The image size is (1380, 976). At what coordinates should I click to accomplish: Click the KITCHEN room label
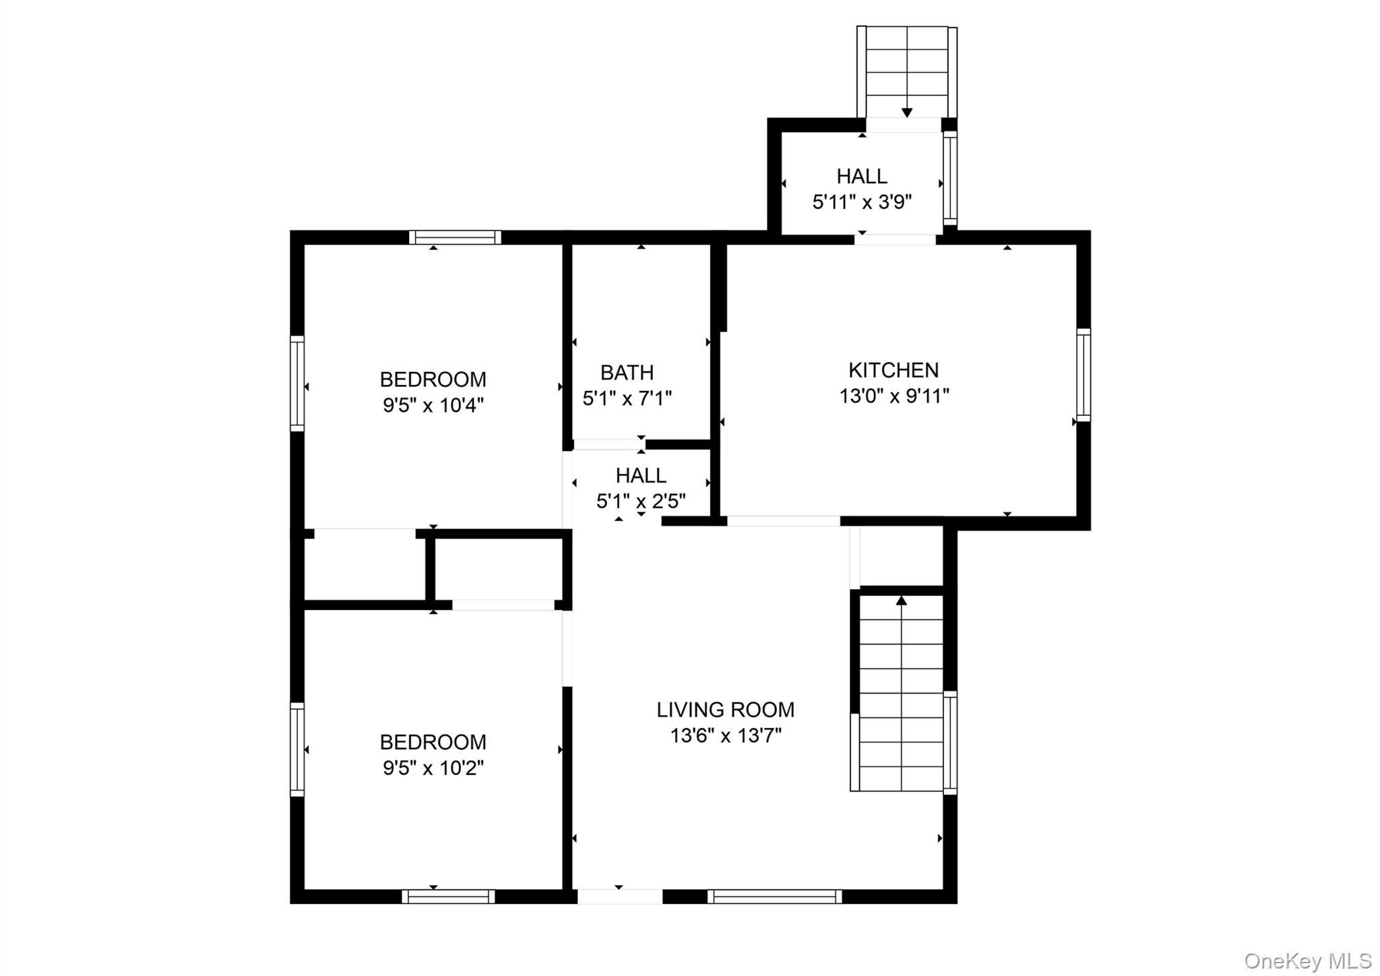point(893,370)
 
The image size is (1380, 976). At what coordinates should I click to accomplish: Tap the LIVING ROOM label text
point(725,710)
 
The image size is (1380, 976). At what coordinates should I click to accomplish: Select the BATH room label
point(627,372)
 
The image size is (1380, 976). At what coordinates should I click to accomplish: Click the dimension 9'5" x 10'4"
point(433,405)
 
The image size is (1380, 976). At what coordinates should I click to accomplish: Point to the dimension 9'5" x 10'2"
point(433,768)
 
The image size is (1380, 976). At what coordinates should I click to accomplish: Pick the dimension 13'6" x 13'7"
point(725,735)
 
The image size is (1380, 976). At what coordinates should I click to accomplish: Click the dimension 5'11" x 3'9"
point(862,202)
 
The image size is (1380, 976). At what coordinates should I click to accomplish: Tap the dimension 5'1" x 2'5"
point(641,501)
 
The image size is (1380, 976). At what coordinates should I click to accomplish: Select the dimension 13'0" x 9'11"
point(893,396)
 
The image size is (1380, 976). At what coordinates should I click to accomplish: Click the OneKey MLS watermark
point(1307,960)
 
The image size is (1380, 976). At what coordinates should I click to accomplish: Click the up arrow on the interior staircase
point(901,601)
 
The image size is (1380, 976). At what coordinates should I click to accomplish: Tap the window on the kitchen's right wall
point(1083,375)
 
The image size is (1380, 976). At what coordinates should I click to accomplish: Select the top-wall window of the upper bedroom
point(455,237)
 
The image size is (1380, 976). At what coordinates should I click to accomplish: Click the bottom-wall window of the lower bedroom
point(448,896)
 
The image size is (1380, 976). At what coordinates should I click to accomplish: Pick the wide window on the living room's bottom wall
point(774,896)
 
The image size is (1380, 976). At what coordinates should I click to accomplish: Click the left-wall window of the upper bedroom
point(297,383)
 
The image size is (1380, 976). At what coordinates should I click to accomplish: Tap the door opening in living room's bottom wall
point(620,896)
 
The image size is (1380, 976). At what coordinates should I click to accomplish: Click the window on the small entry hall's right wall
point(949,178)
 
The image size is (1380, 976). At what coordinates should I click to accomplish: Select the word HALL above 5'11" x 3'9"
point(862,176)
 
